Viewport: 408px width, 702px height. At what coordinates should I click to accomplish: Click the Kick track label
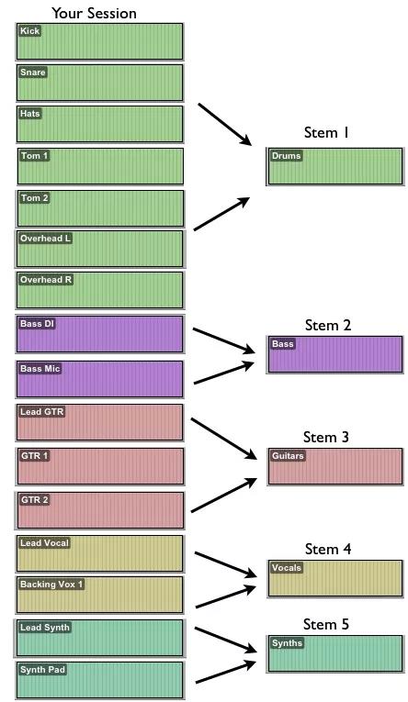pos(29,31)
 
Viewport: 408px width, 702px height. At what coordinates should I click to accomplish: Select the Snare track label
pos(33,72)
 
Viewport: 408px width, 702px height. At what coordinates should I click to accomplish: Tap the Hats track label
pos(30,114)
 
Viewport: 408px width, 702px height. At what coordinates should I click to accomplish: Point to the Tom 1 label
pos(35,156)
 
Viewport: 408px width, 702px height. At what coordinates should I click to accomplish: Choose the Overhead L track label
pos(45,239)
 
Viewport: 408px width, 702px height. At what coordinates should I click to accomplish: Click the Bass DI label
pos(37,323)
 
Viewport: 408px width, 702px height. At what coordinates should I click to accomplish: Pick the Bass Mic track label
pos(40,369)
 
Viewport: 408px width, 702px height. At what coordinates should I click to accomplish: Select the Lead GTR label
pos(42,411)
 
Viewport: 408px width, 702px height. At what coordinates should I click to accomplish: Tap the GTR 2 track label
pos(35,499)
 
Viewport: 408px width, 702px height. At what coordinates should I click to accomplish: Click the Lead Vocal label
pos(44,543)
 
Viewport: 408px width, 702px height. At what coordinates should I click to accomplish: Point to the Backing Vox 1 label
pos(51,585)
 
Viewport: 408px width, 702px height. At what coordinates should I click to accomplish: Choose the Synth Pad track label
pos(42,670)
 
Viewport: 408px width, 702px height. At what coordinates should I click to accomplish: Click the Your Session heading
pos(94,13)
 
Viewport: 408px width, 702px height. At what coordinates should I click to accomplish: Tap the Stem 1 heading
pos(326,132)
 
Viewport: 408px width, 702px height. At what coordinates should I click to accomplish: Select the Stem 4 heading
pos(328,549)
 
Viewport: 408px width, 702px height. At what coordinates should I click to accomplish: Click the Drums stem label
pos(286,156)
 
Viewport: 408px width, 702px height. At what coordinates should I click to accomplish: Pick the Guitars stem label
pos(288,456)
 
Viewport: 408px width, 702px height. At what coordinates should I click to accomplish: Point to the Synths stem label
pos(287,643)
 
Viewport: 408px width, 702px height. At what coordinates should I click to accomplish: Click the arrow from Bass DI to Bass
pos(223,340)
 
